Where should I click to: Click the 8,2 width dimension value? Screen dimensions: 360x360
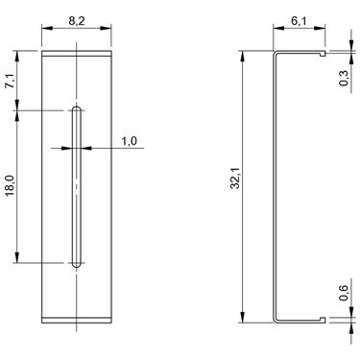pyautogui.click(x=77, y=21)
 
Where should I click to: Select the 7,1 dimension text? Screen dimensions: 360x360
pyautogui.click(x=11, y=81)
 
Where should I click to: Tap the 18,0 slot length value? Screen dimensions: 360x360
pyautogui.click(x=11, y=186)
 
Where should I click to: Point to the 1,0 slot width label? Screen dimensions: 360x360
pyautogui.click(x=129, y=141)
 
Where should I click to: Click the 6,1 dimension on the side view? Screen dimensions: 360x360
pyautogui.click(x=299, y=21)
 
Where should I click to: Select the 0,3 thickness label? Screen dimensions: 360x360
pyautogui.click(x=344, y=78)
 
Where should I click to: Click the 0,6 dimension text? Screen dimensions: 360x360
pyautogui.click(x=344, y=293)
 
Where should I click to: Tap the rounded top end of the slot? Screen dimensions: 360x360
pyautogui.click(x=77, y=108)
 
